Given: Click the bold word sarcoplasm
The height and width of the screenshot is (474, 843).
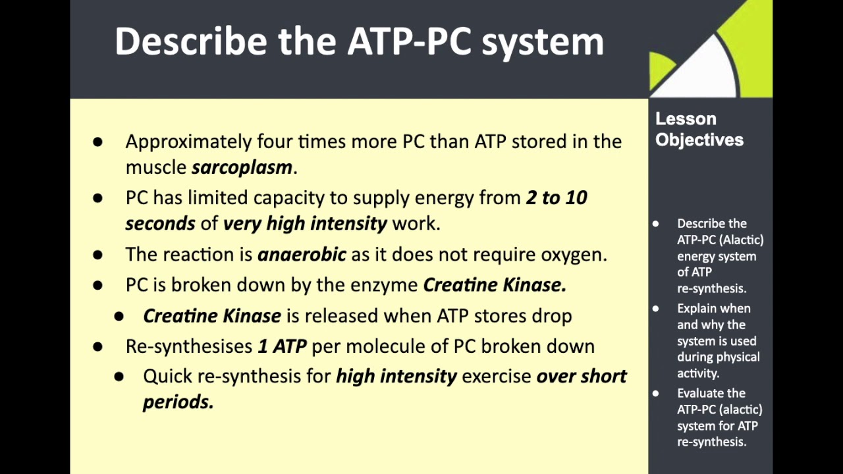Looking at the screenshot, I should (242, 167).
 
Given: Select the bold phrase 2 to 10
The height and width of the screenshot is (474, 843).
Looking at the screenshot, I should (557, 197).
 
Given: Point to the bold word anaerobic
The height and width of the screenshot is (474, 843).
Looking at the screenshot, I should (302, 254).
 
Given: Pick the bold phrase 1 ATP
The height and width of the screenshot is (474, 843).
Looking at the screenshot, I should (282, 346).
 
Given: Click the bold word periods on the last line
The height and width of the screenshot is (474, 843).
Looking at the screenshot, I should (178, 402).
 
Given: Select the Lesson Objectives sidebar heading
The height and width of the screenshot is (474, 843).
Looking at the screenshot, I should (699, 129).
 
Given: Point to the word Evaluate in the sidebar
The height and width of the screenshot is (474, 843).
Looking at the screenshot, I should (711, 393).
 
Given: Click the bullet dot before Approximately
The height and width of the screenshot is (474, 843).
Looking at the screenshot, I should (98, 142).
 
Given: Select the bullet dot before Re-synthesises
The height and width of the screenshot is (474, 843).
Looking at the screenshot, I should (98, 346).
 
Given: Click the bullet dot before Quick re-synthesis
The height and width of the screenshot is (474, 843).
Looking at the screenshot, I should (119, 376).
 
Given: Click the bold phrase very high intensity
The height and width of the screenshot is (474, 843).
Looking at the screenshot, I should (305, 223).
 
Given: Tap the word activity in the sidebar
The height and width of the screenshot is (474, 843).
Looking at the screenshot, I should (697, 373).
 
